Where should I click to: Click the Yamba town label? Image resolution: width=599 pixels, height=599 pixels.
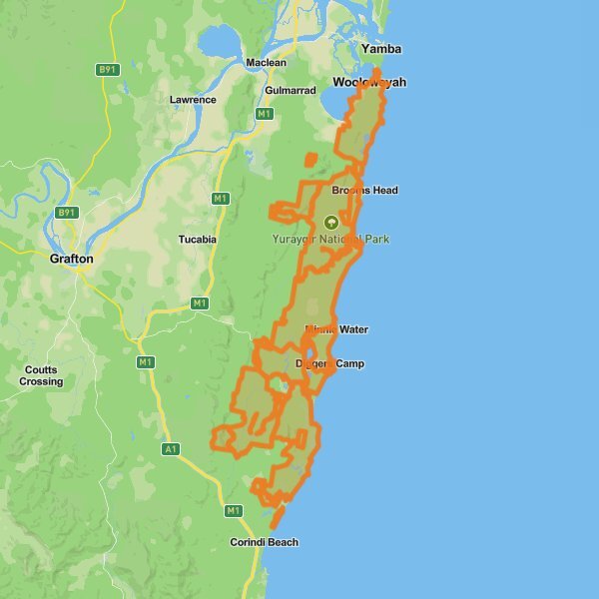coord(382,48)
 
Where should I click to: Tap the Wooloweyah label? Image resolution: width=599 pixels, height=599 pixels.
coord(369,82)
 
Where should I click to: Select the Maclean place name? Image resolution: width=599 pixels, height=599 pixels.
coord(267,63)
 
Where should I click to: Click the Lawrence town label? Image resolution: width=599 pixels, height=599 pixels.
coord(193,100)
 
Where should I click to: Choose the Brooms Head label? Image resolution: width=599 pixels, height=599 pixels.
coord(364,191)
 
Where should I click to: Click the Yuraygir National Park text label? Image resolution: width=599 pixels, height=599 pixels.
coord(330,240)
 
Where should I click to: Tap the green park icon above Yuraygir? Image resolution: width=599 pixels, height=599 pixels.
coord(330,222)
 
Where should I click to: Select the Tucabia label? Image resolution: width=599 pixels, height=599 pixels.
coord(197,240)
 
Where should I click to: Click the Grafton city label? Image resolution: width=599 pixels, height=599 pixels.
coord(71,259)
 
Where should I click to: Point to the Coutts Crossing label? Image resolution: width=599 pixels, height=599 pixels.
coord(41,375)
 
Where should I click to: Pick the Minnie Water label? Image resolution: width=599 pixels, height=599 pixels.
coord(336,329)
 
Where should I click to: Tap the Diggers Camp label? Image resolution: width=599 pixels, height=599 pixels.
coord(330,363)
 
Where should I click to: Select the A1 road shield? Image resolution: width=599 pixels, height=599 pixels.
coord(171,449)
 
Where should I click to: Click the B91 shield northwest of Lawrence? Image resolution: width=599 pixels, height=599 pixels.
coord(107,70)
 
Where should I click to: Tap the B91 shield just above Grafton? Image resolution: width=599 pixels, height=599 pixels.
coord(67,213)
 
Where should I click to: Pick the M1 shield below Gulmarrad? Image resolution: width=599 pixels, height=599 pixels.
coord(265,114)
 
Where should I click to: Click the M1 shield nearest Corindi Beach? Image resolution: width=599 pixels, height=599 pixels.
coord(234,511)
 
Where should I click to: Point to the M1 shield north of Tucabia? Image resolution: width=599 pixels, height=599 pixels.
coord(221,199)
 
